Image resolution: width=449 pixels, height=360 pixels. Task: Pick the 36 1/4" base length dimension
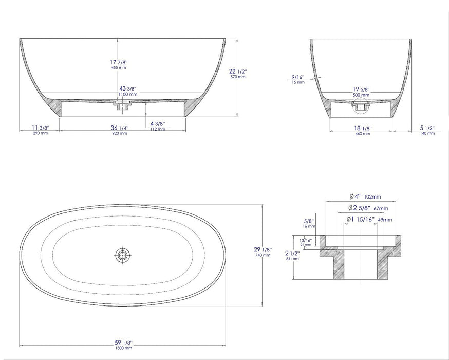click(x=119, y=129)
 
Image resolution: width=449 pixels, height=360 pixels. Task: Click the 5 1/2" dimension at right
click(x=427, y=129)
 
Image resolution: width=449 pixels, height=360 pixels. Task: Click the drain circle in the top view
click(x=122, y=254)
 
